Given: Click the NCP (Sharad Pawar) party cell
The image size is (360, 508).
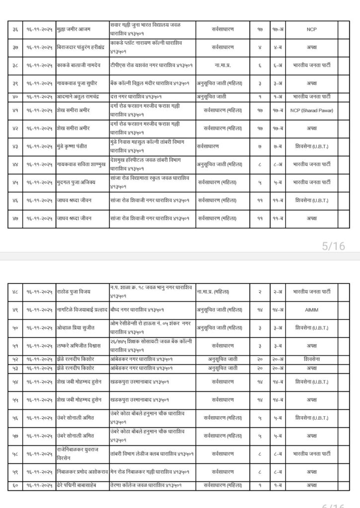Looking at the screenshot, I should [x=312, y=110].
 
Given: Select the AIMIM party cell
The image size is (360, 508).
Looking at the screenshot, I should [x=312, y=310].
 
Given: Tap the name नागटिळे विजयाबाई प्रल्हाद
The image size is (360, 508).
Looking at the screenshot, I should [x=82, y=310].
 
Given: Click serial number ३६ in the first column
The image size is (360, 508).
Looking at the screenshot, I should [x=15, y=30].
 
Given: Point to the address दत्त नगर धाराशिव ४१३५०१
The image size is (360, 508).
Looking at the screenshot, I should [x=141, y=96].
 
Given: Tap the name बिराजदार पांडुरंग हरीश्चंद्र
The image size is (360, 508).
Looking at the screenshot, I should [x=82, y=48].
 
